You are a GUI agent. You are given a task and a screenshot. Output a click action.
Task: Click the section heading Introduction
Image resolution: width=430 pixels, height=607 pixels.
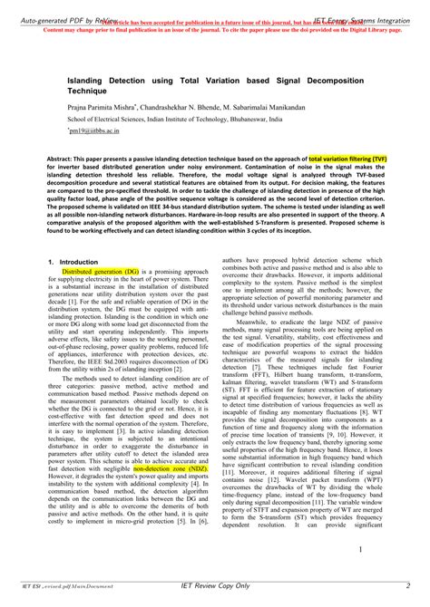(x=81, y=261)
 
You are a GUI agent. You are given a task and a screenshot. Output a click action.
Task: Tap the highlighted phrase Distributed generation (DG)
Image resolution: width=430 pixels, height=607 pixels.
(x=100, y=271)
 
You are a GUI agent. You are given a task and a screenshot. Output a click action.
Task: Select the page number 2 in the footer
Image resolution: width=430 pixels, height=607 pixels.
(x=408, y=586)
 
